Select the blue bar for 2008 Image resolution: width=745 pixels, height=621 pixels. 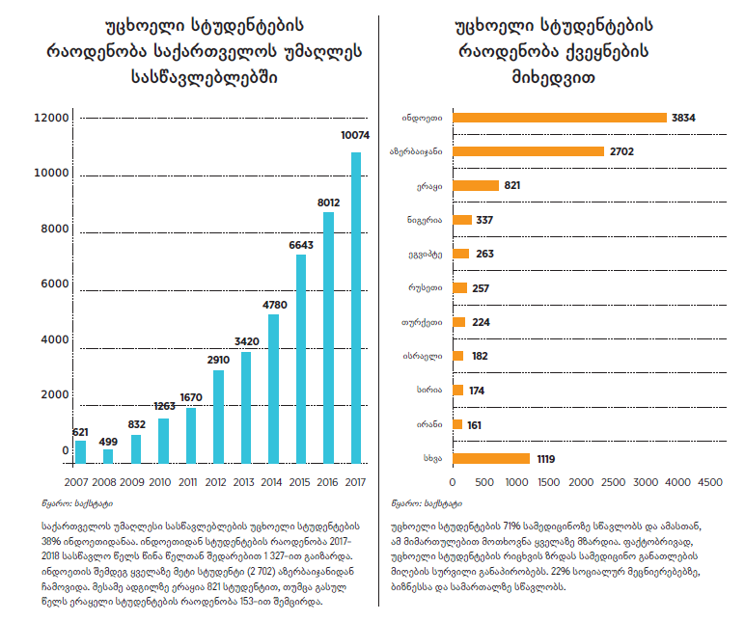pos(108,455)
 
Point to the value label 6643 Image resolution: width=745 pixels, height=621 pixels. pos(301,245)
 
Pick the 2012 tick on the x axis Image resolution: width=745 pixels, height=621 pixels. pos(218,480)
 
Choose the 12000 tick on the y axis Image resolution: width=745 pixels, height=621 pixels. pos(52,118)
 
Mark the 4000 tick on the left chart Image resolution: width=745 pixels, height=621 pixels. pos(52,340)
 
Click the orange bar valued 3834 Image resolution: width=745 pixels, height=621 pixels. pos(560,118)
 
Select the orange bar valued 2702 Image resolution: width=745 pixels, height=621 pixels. pos(528,151)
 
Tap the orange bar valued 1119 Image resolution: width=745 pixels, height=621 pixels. pos(490,458)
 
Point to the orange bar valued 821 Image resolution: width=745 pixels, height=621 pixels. pos(475,185)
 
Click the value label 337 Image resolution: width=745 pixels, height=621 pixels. pos(485,220)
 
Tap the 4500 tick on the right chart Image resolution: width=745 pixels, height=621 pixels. pos(709,480)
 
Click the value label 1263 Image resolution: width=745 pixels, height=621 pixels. pos(163,407)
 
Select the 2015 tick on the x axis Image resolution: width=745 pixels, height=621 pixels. pos(301,480)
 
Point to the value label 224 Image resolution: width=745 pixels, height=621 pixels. pos(480,322)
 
